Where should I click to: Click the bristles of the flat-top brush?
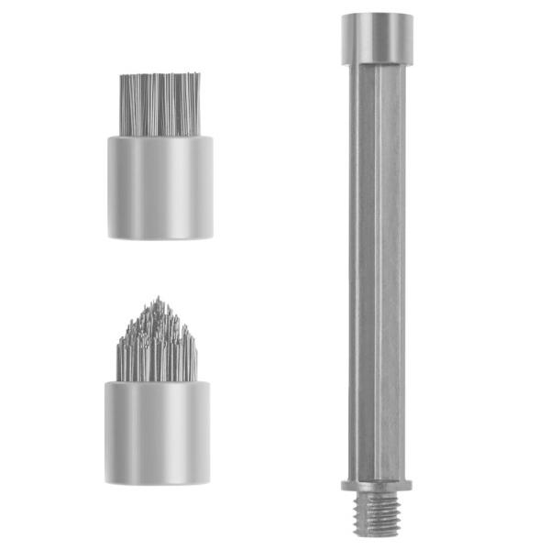coord(160,104)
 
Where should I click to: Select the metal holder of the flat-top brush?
coord(160,188)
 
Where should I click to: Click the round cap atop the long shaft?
coord(376,37)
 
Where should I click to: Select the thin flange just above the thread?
coord(376,484)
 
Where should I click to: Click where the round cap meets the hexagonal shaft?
coord(376,61)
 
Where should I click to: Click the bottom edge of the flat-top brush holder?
coord(160,237)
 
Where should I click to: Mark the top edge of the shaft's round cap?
coord(376,14)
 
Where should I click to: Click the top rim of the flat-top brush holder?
coord(160,138)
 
